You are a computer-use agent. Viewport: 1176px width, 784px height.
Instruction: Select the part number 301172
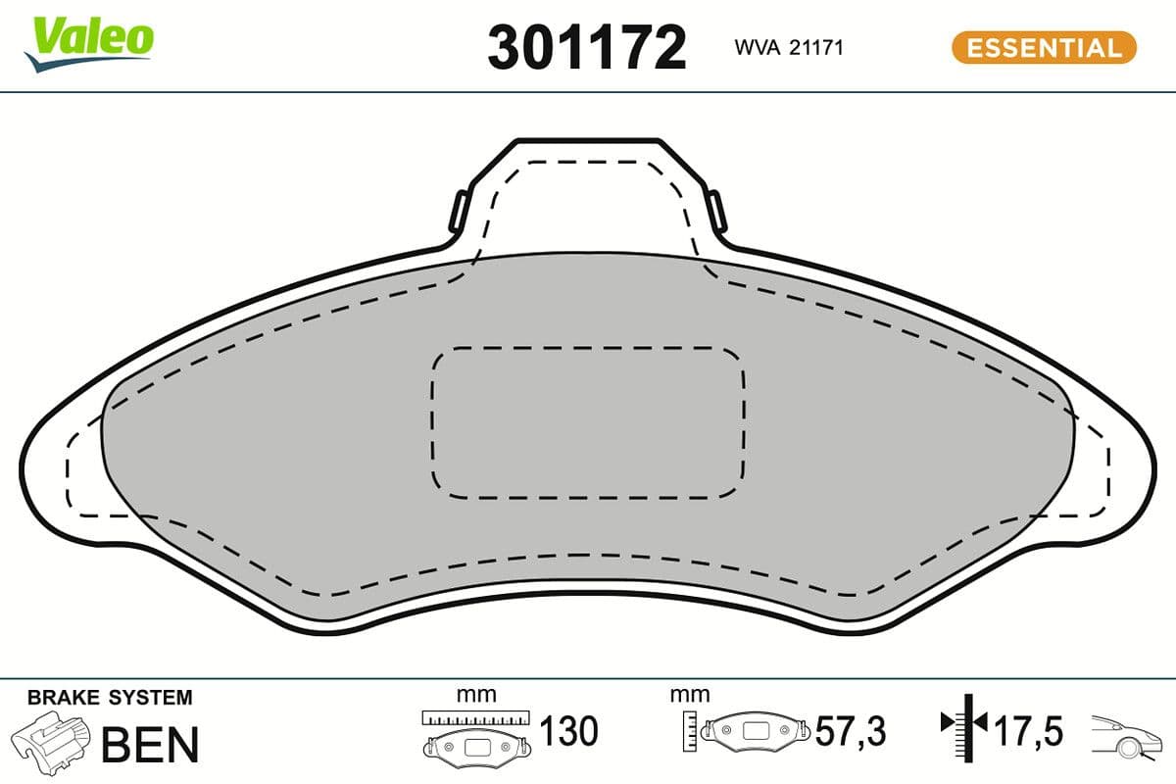coord(586,46)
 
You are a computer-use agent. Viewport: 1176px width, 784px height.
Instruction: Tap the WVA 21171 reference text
coord(789,47)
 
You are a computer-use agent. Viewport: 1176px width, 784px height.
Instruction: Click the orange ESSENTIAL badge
coord(1043,47)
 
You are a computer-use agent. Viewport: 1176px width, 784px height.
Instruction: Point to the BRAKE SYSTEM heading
coord(110,698)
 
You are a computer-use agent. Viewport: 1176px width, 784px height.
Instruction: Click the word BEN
coord(150,744)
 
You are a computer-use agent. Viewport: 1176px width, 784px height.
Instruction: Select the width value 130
coord(568,731)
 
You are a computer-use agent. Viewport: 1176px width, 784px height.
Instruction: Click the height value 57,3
coord(851,731)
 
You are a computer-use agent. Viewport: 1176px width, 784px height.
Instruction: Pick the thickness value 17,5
coord(1029,730)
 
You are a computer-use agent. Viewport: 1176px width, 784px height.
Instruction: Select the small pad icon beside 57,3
coord(758,730)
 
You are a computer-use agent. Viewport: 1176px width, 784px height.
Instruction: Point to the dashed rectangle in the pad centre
coord(587,421)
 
